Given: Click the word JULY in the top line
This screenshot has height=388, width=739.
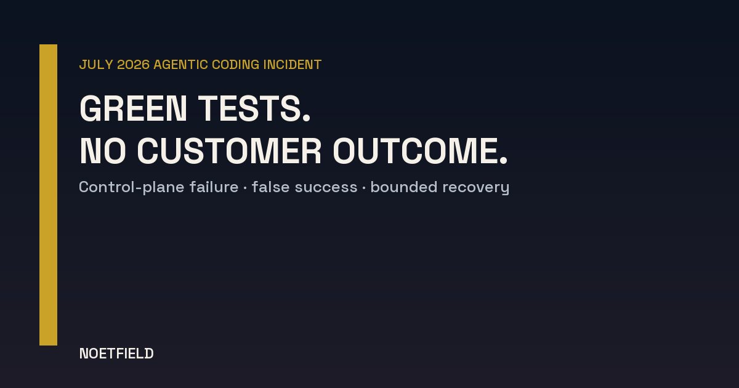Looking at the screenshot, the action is coord(96,65).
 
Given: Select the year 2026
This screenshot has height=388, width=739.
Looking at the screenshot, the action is coord(133,65).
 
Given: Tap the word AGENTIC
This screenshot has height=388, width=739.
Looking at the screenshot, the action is coord(181,65).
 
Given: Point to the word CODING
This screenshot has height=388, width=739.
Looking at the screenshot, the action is coord(235,65).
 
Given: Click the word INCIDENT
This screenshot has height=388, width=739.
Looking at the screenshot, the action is coord(293,65).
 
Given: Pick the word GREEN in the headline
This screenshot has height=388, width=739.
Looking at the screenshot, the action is coord(133,108).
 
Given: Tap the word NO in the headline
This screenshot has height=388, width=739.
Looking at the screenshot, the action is coord(103,151).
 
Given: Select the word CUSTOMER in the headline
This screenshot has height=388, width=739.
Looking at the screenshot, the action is coord(229,151).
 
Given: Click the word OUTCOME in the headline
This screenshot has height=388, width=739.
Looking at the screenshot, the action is coord(415,151).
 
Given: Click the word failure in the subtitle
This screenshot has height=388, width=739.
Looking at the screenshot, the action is coord(214,187).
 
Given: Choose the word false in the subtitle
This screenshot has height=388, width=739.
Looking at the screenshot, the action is coord(270,187).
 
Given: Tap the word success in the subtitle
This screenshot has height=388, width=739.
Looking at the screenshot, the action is coord(326,188).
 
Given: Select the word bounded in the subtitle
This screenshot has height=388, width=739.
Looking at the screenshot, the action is coord(404,187).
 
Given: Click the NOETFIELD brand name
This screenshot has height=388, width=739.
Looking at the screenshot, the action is coord(116,354).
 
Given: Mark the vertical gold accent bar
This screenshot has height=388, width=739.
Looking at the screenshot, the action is coord(48,195).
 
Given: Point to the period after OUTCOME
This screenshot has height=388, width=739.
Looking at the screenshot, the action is coord(504,160).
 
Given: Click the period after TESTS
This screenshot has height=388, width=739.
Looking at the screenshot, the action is coord(307,118).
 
